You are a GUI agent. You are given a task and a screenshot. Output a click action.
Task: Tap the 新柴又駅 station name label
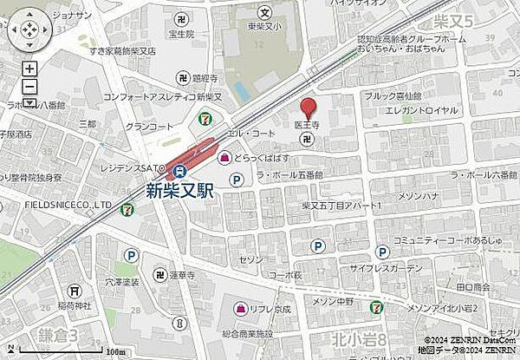click(x=177, y=190)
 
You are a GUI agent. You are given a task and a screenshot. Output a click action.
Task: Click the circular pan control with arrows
click(x=29, y=29)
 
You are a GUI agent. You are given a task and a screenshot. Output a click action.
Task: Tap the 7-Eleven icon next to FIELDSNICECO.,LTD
click(x=127, y=206)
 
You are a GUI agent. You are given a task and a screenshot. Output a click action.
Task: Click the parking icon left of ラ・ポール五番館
click(x=235, y=180)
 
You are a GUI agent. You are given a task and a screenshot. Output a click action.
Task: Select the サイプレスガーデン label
click(x=439, y=270)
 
